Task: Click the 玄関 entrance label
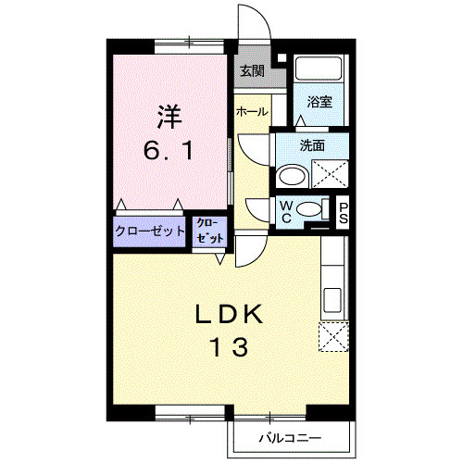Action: point(252,70)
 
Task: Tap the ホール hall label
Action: point(252,112)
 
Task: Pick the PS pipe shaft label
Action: point(343,212)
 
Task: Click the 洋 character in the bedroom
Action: point(169,119)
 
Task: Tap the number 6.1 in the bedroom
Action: point(169,151)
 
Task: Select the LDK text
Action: point(229,315)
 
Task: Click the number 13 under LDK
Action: point(229,348)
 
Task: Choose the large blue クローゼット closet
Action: point(150,231)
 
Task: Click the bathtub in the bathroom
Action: point(319,70)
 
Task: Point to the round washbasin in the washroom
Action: point(294,176)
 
